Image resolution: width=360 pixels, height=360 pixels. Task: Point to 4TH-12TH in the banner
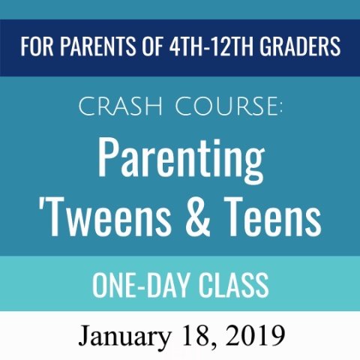pos(211,46)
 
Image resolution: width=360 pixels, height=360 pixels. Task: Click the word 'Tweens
pos(105,216)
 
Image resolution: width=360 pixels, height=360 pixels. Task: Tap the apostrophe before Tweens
pos(40,204)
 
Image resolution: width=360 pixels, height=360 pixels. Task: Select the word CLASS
pos(234,285)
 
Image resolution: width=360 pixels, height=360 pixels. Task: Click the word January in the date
pos(124,337)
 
